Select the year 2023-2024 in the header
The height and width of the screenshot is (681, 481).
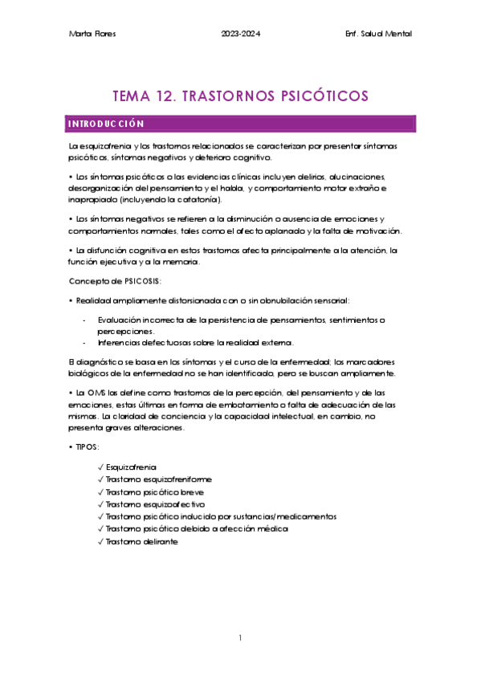240,33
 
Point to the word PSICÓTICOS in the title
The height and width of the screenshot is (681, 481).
310,96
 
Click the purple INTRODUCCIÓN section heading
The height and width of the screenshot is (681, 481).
106,124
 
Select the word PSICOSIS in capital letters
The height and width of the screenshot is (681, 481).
140,280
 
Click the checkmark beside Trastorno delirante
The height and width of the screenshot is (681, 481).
99,541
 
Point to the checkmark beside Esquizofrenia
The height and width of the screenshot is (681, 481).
99,467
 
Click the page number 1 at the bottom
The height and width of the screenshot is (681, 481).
240,638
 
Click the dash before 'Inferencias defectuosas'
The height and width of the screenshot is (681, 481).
85,343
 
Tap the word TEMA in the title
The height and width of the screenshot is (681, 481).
126,96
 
